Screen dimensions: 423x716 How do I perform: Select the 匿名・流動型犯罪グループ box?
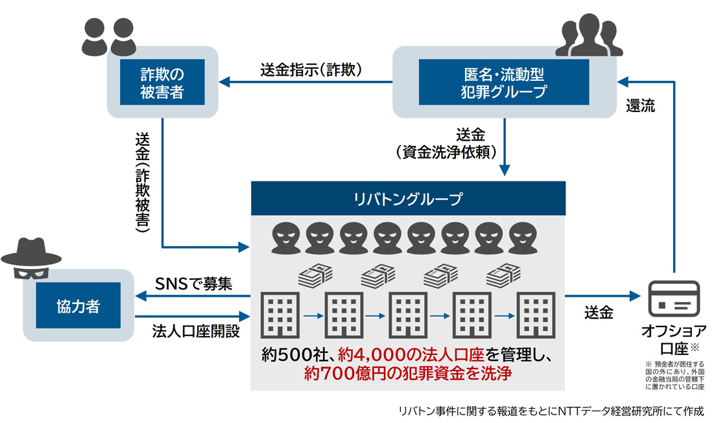coord(504,81)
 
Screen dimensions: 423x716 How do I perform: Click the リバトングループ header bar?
coord(408,198)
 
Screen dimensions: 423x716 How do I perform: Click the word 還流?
coord(640,106)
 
